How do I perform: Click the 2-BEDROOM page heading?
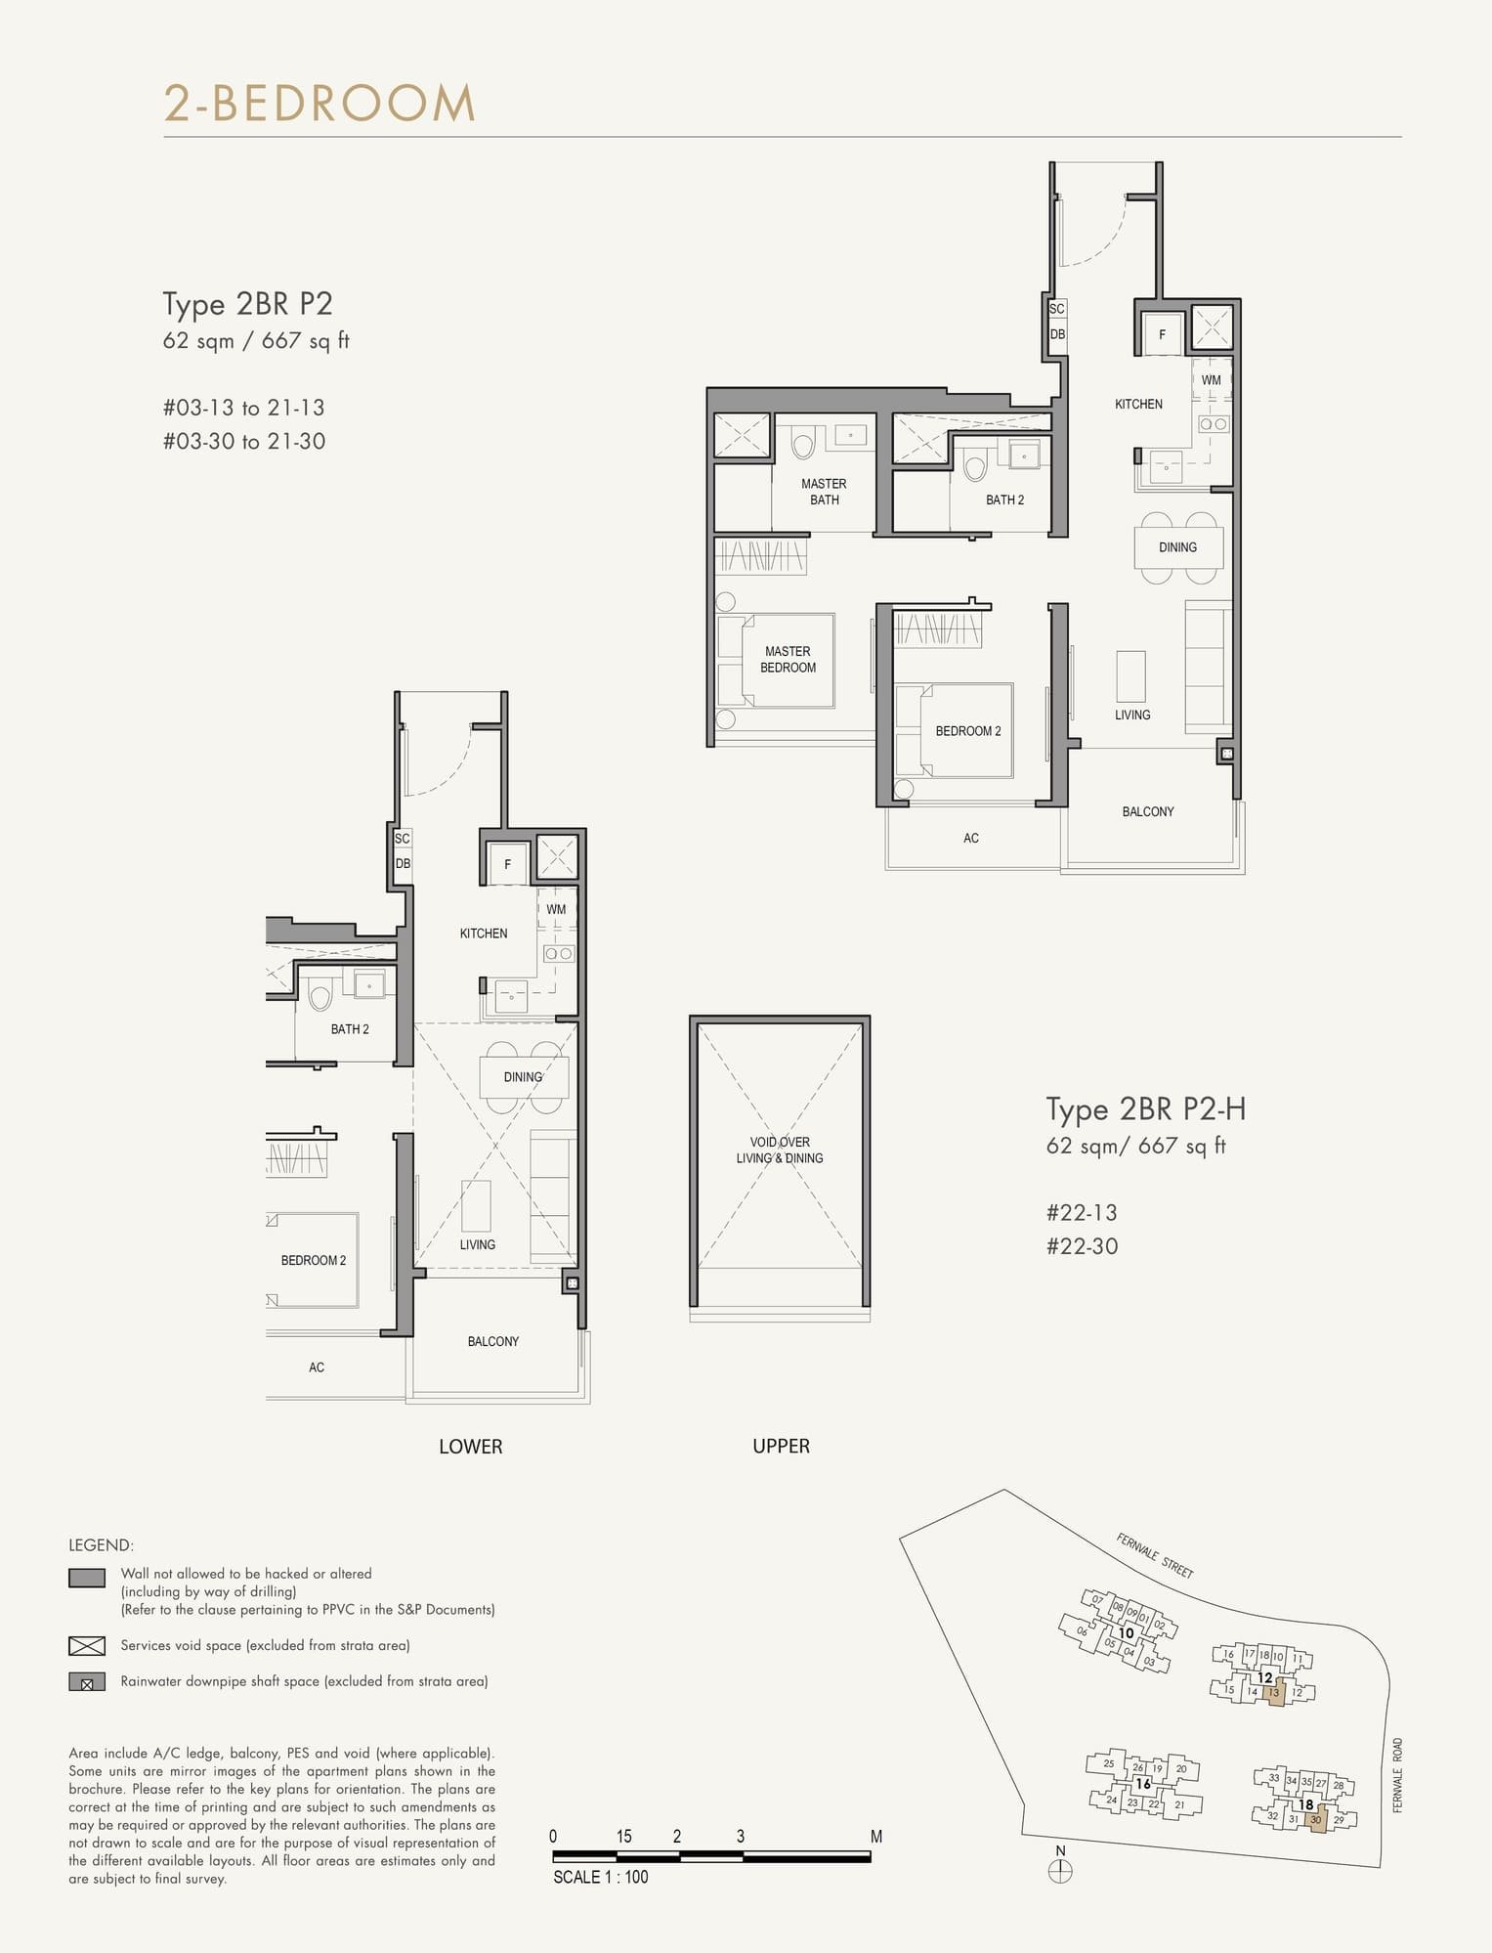[x=320, y=104]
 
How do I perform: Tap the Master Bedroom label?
[x=788, y=659]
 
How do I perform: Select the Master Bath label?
[x=824, y=492]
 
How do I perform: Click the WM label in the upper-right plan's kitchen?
[x=1211, y=380]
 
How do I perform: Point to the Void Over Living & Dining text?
[x=780, y=1150]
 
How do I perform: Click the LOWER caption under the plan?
[x=470, y=1447]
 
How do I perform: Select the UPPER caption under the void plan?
[x=781, y=1446]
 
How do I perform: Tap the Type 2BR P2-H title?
[x=1145, y=1109]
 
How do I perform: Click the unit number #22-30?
[x=1082, y=1246]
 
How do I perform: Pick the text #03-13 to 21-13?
[x=243, y=408]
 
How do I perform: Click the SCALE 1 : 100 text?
[x=600, y=1877]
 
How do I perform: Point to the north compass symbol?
[x=1060, y=1871]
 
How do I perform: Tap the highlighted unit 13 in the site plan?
[x=1273, y=1692]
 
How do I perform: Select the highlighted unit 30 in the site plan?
[x=1316, y=1820]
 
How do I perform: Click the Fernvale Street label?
[x=1155, y=1556]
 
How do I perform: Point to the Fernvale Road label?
[x=1397, y=1775]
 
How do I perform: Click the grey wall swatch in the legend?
[x=87, y=1579]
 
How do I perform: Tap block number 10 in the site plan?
[x=1126, y=1632]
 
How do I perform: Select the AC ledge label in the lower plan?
[x=317, y=1367]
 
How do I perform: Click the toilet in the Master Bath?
[x=802, y=445]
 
